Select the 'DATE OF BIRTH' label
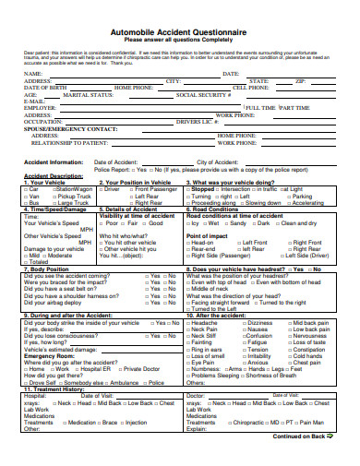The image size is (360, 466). (x=45, y=88)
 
